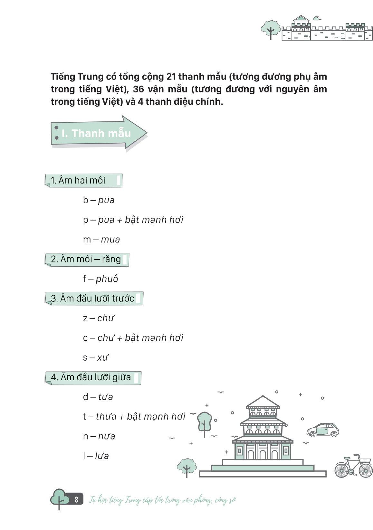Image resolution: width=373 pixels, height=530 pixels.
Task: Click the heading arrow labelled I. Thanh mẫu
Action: [x=97, y=133]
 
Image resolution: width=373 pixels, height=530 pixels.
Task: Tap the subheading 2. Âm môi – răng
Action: [x=86, y=259]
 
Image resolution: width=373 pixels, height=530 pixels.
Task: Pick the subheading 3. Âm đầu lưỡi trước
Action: [x=93, y=298]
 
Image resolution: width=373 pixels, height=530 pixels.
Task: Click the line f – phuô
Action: [x=100, y=279]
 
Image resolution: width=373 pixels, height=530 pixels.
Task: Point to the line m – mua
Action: [x=101, y=240]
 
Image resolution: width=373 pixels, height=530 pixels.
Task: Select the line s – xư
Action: [x=96, y=357]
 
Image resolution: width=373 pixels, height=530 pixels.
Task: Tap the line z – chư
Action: [x=98, y=318]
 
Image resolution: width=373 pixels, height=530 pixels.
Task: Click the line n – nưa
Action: [x=99, y=436]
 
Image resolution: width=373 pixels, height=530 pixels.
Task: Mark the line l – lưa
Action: [x=96, y=456]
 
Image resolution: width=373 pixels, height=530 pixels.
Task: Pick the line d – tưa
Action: [x=98, y=397]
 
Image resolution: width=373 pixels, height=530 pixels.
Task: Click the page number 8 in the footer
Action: [x=76, y=500]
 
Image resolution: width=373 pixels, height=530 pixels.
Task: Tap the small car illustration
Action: [x=323, y=430]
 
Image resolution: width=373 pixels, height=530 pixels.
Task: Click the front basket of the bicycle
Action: [x=365, y=460]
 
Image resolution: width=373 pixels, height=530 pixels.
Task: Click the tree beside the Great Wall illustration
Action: [x=270, y=29]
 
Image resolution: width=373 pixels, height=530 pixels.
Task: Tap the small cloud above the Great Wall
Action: [x=317, y=18]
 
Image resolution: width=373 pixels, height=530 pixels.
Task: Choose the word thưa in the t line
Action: [x=106, y=417]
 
